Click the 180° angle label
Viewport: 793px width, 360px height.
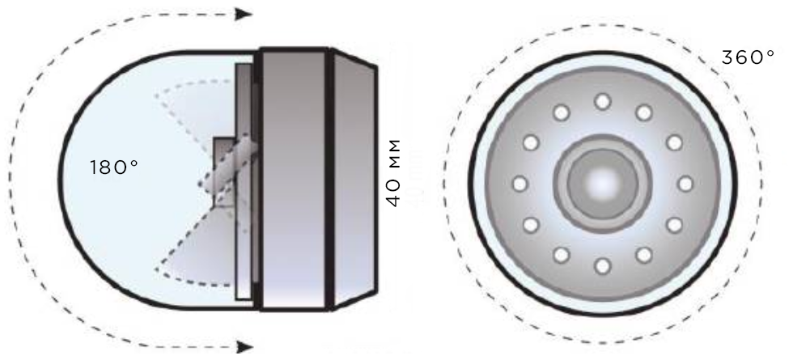tap(114, 167)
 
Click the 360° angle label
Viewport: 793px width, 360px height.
tap(748, 57)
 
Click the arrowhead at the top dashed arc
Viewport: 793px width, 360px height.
tap(244, 15)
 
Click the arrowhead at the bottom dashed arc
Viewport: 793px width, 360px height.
tap(244, 347)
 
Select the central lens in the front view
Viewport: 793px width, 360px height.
tap(602, 184)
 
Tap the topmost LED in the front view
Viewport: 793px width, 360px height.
tap(602, 102)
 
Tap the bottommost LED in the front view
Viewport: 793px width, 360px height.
tap(602, 265)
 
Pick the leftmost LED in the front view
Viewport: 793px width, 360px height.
tap(519, 184)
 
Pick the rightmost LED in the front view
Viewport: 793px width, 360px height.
tap(685, 184)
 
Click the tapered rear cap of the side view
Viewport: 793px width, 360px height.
tap(355, 180)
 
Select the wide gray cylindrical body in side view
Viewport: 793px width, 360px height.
tap(293, 180)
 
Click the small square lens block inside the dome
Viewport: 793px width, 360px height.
tap(224, 172)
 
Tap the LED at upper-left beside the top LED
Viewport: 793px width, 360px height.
tap(561, 112)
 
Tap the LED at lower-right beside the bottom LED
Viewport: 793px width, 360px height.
tap(643, 255)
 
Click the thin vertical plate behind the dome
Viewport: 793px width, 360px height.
tap(244, 181)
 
